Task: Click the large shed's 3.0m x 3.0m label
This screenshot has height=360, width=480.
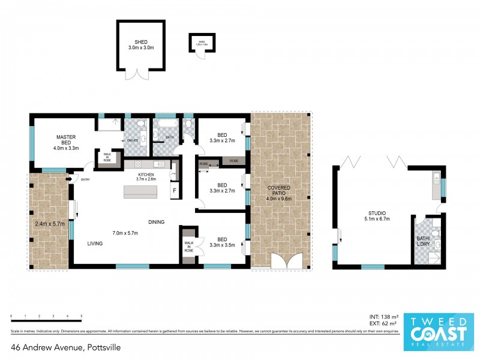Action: click(x=141, y=47)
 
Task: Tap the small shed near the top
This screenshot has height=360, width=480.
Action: click(x=202, y=41)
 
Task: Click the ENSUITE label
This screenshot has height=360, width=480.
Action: click(x=133, y=140)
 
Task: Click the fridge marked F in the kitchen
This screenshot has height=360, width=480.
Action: click(x=174, y=191)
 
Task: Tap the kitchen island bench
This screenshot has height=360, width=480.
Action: click(x=142, y=191)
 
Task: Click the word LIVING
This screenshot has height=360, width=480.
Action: click(x=94, y=244)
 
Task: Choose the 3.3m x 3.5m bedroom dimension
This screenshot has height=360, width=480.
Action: click(x=222, y=245)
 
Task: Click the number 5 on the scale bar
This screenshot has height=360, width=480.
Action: click(x=81, y=316)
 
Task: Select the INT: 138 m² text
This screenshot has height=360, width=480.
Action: click(x=385, y=316)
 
